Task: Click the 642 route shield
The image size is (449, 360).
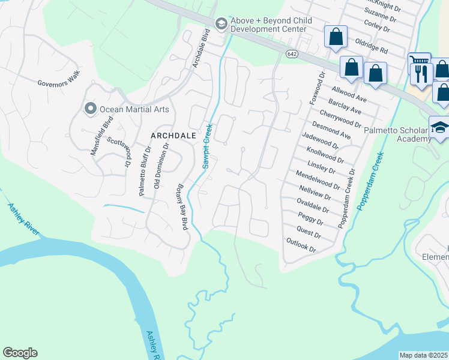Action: click(x=291, y=54)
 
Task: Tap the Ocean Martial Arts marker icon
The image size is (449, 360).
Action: click(x=91, y=109)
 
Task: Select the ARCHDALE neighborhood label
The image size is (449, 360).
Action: click(x=173, y=136)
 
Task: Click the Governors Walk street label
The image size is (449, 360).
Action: click(x=58, y=83)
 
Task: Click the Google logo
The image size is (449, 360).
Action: click(x=20, y=353)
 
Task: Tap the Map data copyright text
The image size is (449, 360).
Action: click(x=424, y=355)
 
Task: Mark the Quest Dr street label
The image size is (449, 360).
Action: click(x=309, y=232)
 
